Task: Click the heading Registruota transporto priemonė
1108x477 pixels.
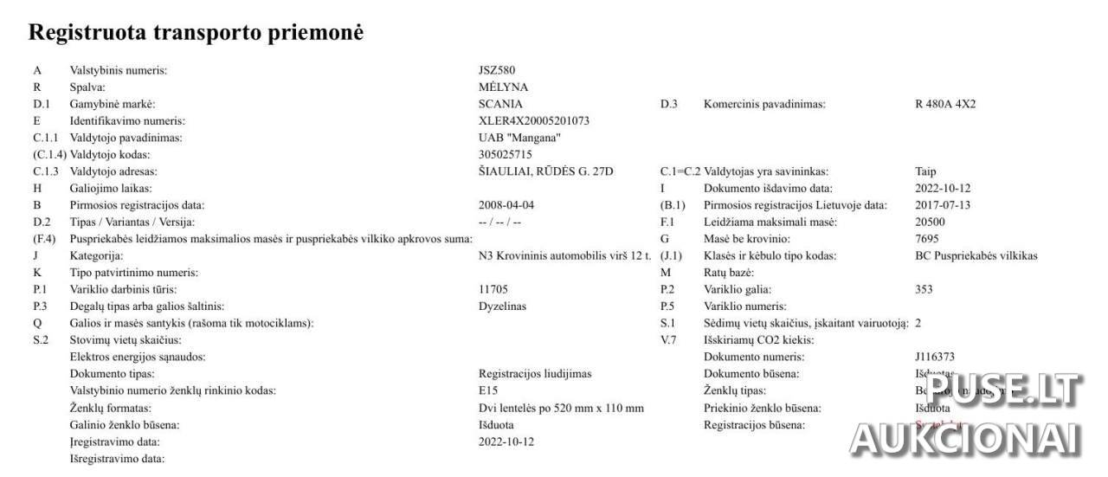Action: pos(196,32)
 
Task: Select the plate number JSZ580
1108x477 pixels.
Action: pos(497,70)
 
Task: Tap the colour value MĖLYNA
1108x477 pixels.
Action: pos(503,87)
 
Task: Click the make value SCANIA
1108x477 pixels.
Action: pos(500,104)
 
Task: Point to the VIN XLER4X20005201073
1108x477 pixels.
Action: pos(533,121)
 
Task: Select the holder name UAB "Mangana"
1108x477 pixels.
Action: pos(519,138)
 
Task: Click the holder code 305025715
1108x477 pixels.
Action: pos(505,154)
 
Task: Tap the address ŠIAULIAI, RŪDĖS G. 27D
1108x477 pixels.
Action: pos(545,171)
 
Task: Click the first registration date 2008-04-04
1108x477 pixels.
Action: pos(506,205)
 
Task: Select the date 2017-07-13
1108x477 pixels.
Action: pos(943,205)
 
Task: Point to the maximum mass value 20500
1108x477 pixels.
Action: pos(930,222)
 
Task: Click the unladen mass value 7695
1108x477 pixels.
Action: pos(926,239)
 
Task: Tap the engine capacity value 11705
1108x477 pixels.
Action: pos(493,289)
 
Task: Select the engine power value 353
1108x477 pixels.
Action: pos(924,289)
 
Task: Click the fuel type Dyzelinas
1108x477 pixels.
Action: pos(502,306)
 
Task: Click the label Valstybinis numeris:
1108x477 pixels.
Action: pos(118,70)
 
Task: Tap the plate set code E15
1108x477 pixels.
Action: pos(487,390)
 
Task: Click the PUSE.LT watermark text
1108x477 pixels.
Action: pos(1004,390)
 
